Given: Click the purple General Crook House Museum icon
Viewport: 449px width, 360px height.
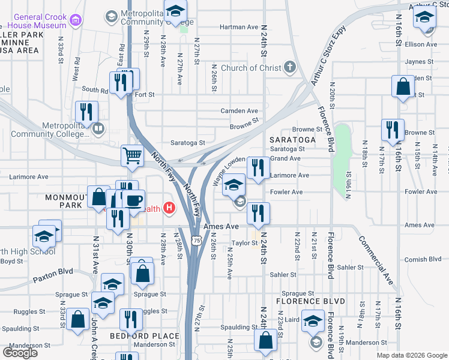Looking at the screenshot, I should coord(75,21).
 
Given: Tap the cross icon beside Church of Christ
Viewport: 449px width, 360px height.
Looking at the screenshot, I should coord(290,67).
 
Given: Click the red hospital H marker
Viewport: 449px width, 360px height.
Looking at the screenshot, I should coord(169,209).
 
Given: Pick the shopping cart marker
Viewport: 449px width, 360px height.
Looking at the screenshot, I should coord(133,156).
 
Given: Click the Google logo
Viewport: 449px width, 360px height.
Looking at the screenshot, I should coord(20,353).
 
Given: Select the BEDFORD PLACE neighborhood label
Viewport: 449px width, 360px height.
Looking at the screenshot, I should coord(145,336).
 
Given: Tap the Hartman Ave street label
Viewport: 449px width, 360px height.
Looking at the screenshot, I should coord(239,27).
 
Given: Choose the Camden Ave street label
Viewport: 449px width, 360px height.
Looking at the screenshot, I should coord(239,111).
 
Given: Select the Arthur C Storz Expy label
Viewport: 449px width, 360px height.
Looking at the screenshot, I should coord(325,65).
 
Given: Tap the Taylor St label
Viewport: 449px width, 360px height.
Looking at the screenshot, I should coord(245,244).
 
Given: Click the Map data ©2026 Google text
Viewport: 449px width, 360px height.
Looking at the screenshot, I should coord(412,355).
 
